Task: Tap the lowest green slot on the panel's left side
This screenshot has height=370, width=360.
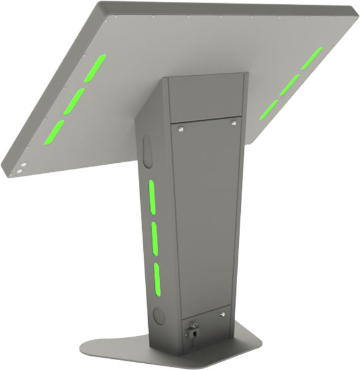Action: pyautogui.click(x=54, y=131)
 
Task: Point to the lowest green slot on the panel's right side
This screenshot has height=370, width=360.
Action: pyautogui.click(x=269, y=110)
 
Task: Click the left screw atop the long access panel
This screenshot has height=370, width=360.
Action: pyautogui.click(x=180, y=129)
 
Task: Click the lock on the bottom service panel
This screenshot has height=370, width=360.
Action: pyautogui.click(x=193, y=329)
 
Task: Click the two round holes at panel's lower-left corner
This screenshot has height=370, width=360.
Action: pyautogui.click(x=20, y=168)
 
